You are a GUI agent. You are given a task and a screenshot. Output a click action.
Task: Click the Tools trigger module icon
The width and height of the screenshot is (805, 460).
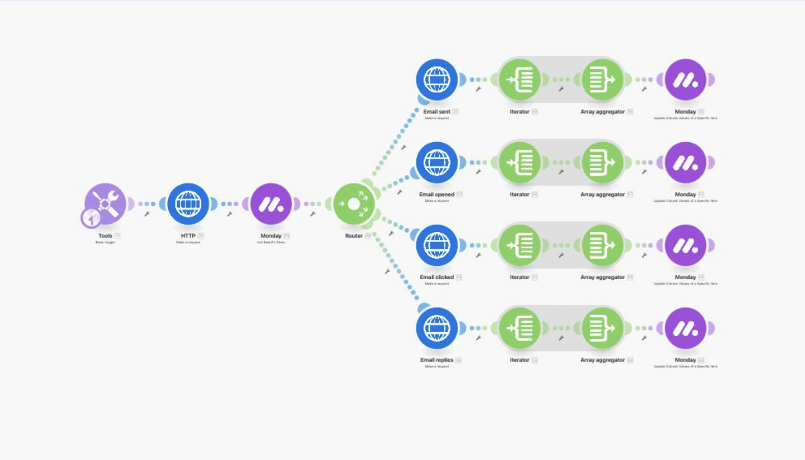pos(106,204)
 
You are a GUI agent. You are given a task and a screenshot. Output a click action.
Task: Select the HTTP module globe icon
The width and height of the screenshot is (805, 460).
pos(188,204)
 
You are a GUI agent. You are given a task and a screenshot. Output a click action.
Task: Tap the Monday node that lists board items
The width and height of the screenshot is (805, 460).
pos(271,204)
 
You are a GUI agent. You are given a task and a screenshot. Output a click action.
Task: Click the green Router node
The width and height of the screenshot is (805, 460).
pos(354,204)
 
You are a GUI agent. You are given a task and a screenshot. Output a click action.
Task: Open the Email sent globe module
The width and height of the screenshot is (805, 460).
pos(436,79)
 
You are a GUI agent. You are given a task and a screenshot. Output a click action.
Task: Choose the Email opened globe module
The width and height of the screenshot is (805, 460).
pos(436,163)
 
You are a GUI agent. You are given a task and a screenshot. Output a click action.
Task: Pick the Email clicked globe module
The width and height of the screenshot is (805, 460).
pos(436,245)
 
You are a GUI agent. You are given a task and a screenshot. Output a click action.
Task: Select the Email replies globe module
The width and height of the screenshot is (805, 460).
pos(436,328)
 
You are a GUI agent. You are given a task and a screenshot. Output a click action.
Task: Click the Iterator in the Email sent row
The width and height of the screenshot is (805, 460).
pos(520,79)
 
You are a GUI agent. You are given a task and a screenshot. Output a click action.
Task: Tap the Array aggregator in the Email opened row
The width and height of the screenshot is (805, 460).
pos(602,163)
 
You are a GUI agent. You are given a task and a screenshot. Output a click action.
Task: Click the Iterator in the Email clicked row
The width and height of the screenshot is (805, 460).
pos(520,245)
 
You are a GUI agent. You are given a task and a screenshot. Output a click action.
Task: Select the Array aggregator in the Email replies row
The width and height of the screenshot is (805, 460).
pos(602,328)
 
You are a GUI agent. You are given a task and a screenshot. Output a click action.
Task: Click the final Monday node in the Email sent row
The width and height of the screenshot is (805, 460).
pos(685,79)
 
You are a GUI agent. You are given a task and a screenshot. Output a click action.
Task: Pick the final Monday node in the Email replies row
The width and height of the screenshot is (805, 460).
pos(685,328)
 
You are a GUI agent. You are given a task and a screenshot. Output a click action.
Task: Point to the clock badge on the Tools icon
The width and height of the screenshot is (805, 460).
pos(91,218)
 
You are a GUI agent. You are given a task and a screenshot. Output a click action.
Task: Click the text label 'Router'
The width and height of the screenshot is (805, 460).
pos(354,236)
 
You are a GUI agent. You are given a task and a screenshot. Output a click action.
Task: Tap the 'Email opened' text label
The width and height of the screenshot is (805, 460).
pos(436,195)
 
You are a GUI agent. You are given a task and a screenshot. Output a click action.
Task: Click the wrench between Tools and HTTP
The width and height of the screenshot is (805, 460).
pos(147,214)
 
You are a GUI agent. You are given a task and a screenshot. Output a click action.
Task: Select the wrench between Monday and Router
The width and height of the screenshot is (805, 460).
pos(313,214)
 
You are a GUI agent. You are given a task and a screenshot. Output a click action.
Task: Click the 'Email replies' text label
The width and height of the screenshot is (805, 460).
pos(436,360)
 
